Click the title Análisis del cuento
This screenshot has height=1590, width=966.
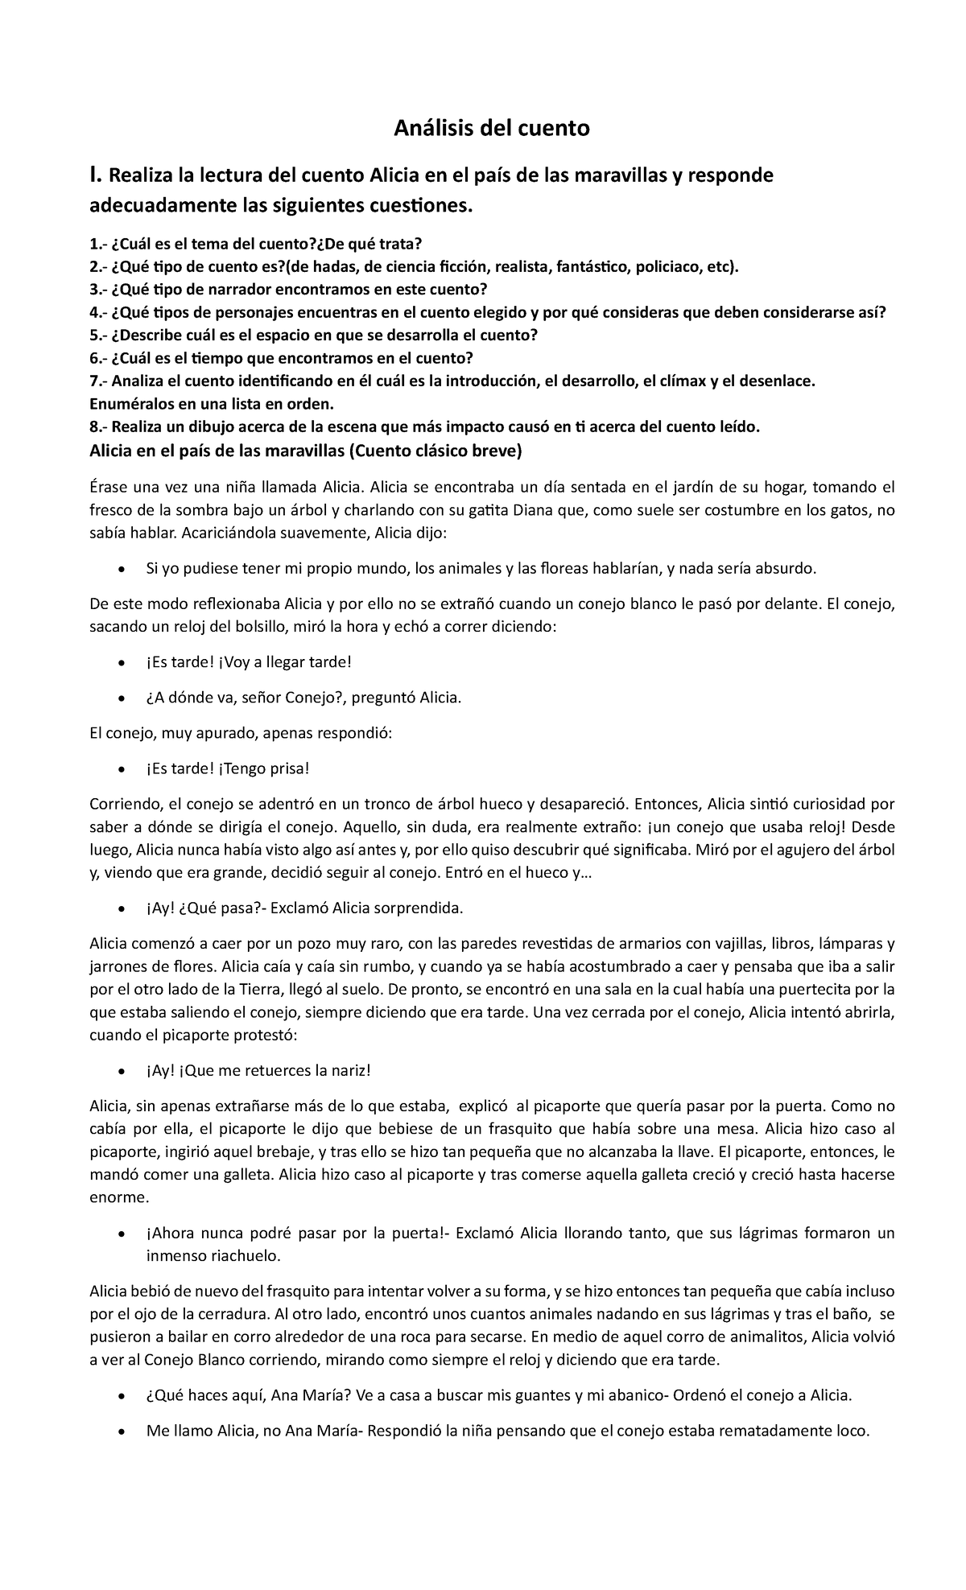click(x=491, y=128)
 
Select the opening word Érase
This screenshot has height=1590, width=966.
click(x=109, y=486)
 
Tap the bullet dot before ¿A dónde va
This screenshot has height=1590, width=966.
click(x=122, y=698)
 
